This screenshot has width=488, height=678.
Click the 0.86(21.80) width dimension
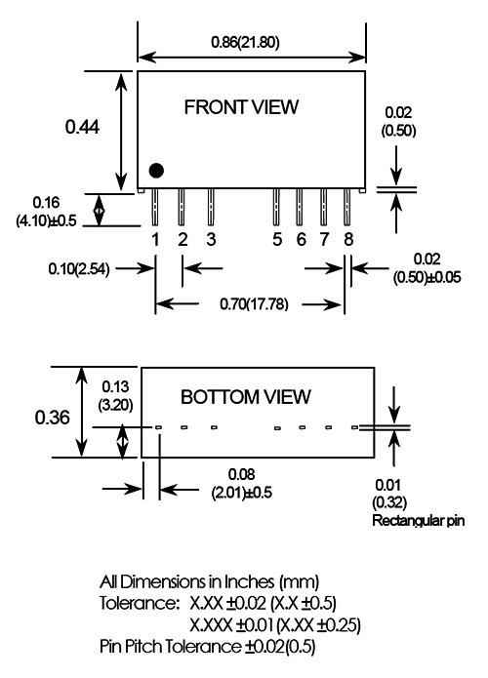245,42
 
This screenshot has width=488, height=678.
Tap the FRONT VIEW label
241,107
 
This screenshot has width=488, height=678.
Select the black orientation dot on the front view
156,171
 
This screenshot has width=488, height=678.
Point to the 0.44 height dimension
82,127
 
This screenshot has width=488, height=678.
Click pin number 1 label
156,239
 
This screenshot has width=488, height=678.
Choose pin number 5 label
277,239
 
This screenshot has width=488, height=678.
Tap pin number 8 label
348,239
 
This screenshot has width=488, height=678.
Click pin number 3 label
211,239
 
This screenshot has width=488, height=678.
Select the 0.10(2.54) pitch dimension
79,269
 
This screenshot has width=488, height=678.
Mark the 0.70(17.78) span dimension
254,304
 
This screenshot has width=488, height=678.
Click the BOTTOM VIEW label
246,397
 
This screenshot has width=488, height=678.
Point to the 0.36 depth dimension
53,418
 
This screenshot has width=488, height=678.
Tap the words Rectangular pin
419,520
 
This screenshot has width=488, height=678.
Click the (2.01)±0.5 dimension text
242,493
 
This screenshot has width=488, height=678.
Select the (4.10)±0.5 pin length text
46,220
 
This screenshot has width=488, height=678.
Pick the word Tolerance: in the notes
140,603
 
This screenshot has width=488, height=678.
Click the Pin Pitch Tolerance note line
208,647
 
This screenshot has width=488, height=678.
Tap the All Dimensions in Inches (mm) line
210,582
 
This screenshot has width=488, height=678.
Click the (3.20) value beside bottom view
115,405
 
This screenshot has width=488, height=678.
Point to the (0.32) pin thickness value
389,502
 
